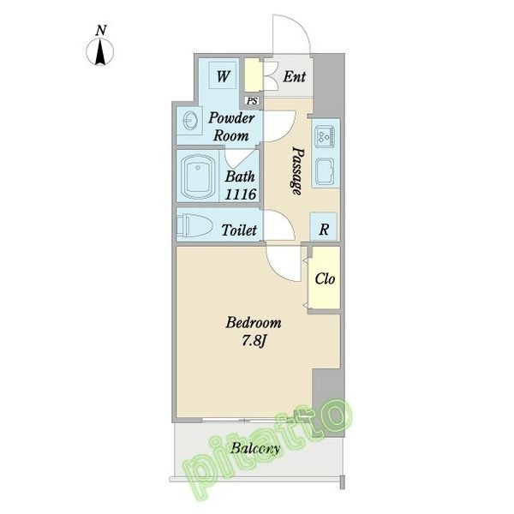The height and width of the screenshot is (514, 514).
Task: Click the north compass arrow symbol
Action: (100, 52)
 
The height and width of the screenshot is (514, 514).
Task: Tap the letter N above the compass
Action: (101, 31)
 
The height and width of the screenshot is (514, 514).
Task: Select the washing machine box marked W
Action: (223, 75)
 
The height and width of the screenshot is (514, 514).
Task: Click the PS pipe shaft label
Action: (252, 101)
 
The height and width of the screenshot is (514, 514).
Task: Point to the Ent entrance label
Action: (294, 77)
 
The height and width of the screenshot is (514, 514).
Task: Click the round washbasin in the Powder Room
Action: (190, 121)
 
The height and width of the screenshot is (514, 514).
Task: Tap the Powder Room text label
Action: (231, 127)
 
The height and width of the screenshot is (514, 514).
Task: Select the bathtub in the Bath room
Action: (198, 177)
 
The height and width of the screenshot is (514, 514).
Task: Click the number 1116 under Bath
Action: (240, 194)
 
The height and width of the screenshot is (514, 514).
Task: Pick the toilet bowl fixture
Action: (194, 225)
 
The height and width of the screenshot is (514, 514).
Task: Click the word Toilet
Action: (239, 230)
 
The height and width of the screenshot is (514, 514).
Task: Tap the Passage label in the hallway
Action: (297, 170)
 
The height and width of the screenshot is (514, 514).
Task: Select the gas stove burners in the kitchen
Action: (325, 135)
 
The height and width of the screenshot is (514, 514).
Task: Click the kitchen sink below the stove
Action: (325, 170)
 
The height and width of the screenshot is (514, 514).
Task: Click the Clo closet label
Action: (325, 279)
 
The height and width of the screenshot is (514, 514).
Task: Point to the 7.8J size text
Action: (254, 341)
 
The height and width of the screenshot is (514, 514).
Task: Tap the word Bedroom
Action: (254, 323)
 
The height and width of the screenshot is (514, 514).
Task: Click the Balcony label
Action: (255, 448)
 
